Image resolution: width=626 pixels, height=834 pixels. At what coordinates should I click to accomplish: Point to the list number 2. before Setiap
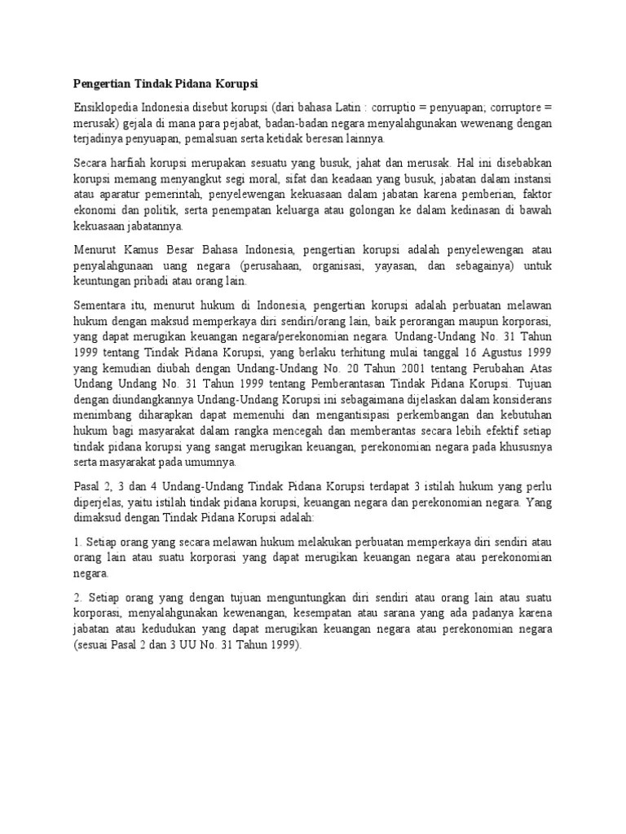point(77,597)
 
